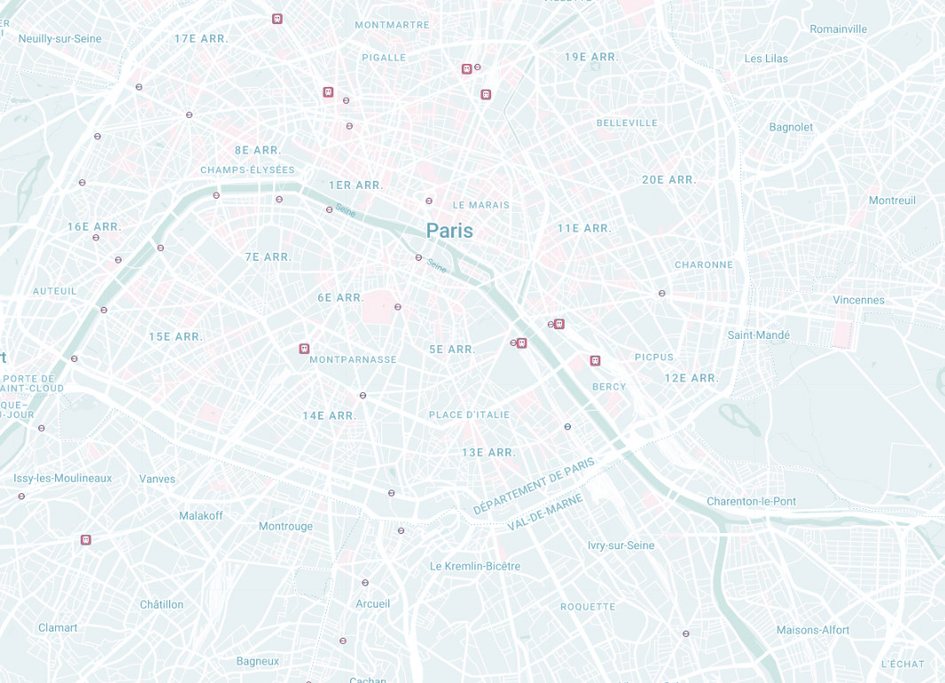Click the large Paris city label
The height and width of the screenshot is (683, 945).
[x=449, y=231]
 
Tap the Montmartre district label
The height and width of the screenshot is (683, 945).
[x=392, y=25]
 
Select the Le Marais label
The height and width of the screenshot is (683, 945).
[x=481, y=205]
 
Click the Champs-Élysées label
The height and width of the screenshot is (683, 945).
[x=247, y=170]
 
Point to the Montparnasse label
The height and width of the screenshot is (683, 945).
[x=353, y=359]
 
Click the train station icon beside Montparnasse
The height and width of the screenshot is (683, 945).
[x=304, y=349]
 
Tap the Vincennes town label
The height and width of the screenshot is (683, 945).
[x=858, y=300]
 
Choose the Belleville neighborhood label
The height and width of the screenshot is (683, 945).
[x=627, y=122]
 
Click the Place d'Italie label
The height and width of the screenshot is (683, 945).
[x=469, y=414]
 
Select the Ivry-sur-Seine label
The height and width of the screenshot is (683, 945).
[x=621, y=546]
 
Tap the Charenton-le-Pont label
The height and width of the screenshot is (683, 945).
[x=751, y=501]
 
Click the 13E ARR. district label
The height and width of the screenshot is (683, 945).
[x=488, y=452]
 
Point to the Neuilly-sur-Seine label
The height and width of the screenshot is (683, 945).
[x=60, y=39]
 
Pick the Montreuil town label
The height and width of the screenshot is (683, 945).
[x=892, y=200]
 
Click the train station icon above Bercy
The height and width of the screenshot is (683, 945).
[x=595, y=361]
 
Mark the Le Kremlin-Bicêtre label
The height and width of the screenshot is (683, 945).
[x=475, y=566]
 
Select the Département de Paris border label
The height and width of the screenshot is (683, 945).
[x=534, y=485]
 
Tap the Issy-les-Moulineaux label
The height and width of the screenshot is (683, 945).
[x=63, y=478]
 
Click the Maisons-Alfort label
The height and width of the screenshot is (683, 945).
[x=813, y=630]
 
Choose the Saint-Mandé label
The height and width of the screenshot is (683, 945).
[x=758, y=335]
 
